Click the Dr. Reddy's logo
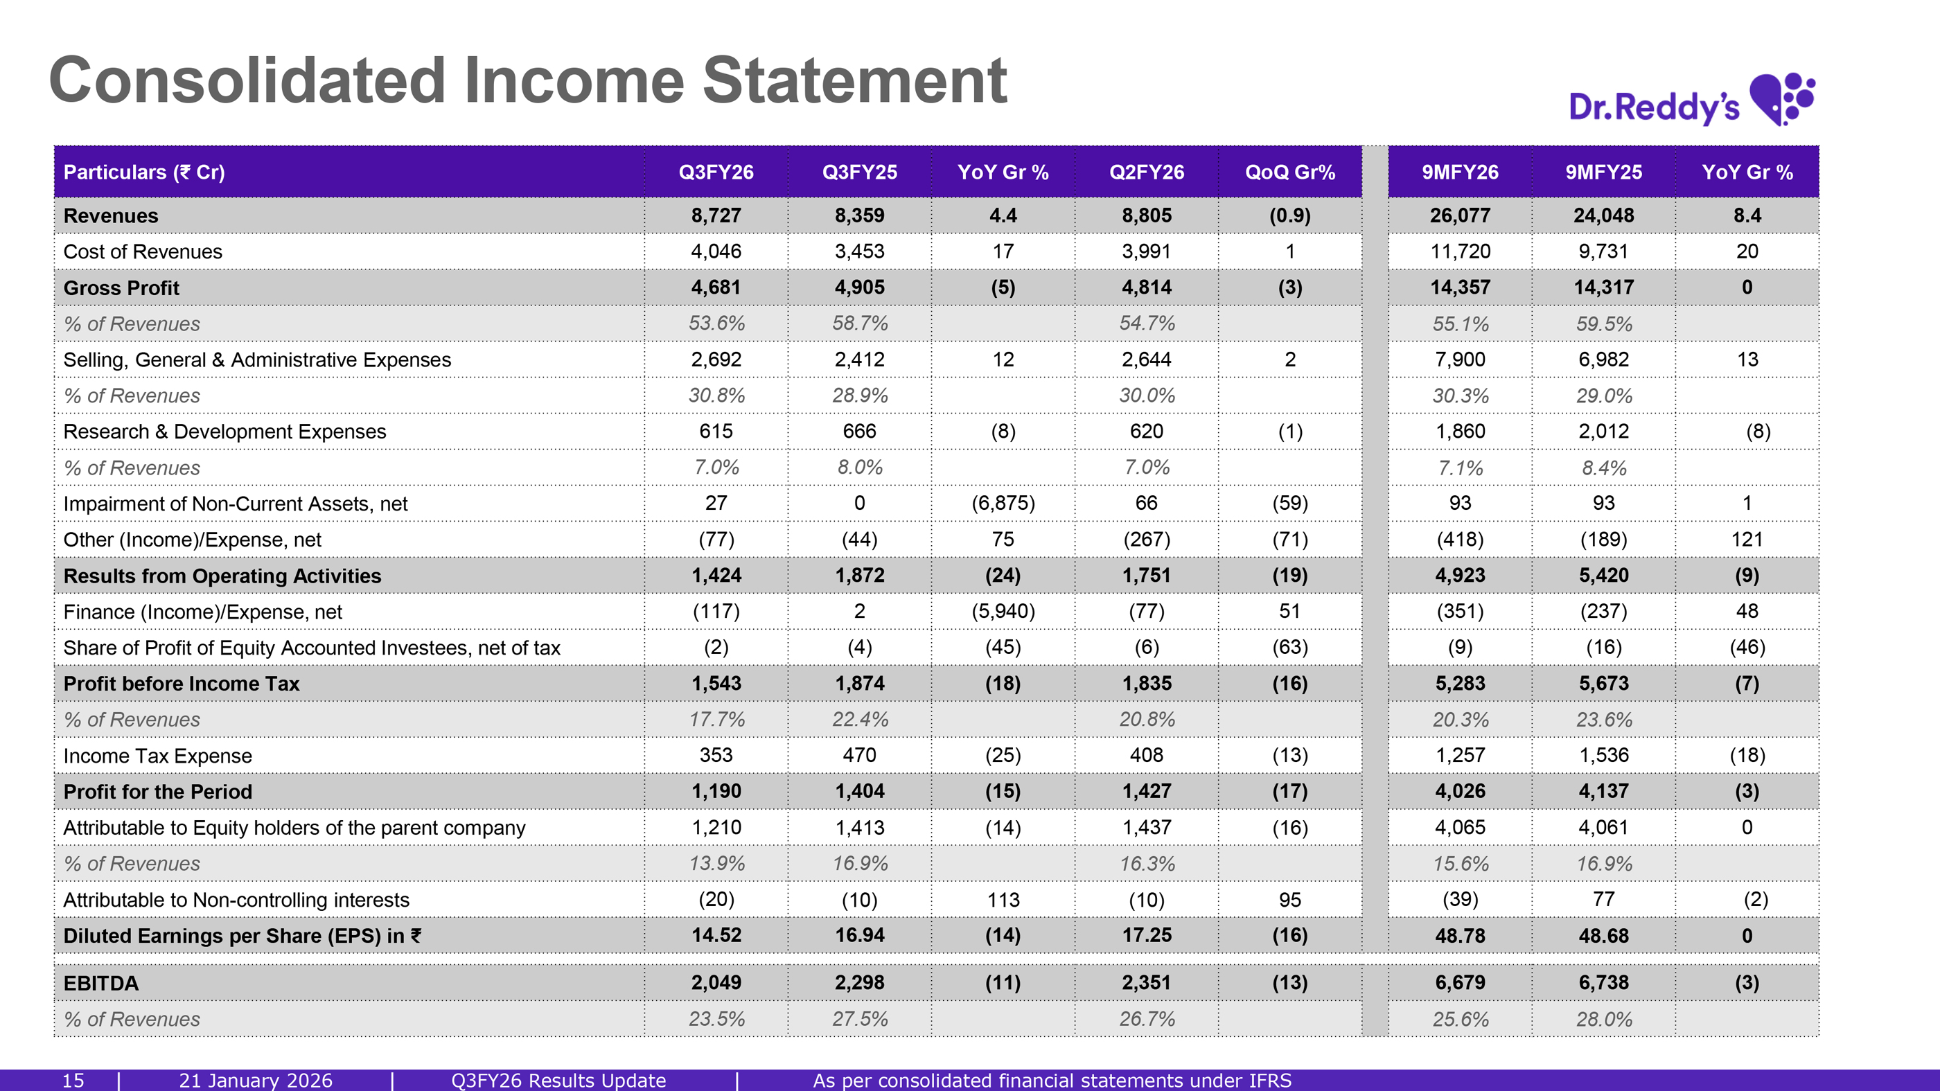(x=1691, y=101)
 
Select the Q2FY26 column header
(x=1146, y=172)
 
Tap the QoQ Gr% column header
(x=1289, y=172)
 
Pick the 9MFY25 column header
(x=1603, y=172)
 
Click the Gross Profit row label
(x=121, y=287)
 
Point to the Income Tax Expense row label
(x=157, y=755)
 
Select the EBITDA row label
(x=101, y=982)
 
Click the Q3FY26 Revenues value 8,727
(x=716, y=215)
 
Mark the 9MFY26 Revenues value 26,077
(x=1460, y=215)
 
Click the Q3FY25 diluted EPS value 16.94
(x=859, y=935)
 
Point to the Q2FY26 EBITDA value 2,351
(x=1146, y=982)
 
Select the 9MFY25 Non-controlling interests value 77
(x=1603, y=899)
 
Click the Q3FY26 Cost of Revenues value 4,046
(x=716, y=251)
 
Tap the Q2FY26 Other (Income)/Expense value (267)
(x=1146, y=539)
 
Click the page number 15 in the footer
(x=72, y=1081)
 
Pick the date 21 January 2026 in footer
(x=255, y=1081)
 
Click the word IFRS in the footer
(x=1267, y=1081)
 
